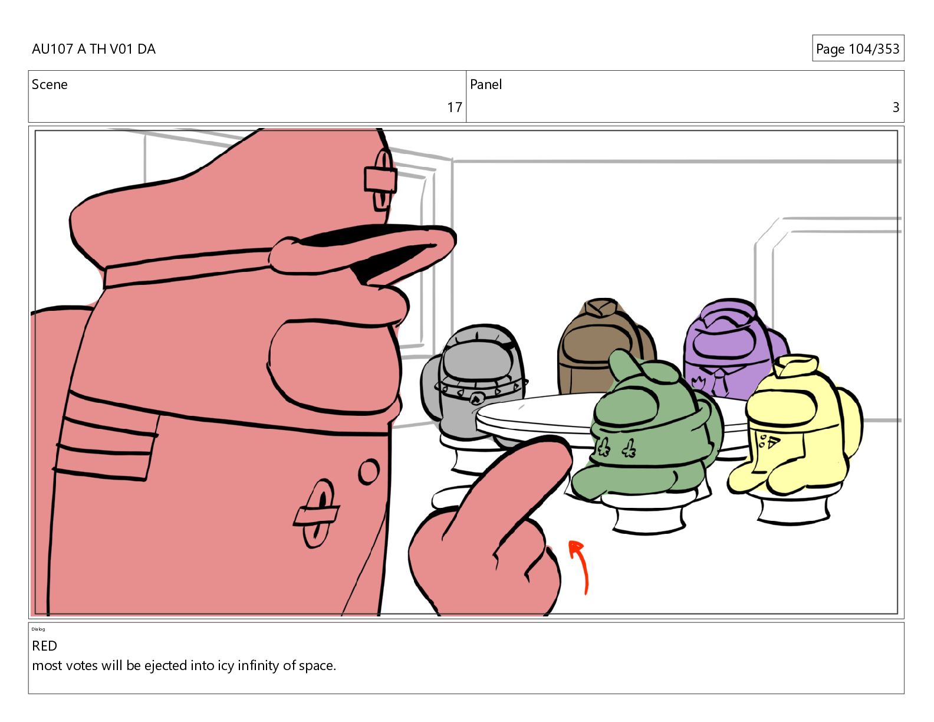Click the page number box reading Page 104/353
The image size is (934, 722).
(x=858, y=48)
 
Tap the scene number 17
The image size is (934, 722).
(x=454, y=107)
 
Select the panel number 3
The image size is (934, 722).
(x=896, y=107)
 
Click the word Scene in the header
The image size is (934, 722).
(x=50, y=84)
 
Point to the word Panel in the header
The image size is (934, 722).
(x=486, y=84)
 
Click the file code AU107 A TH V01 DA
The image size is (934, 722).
(x=94, y=48)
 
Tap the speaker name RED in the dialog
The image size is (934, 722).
(x=44, y=645)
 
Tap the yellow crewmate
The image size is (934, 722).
(x=795, y=426)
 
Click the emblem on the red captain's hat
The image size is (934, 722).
(x=381, y=179)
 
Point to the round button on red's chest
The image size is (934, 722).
(x=369, y=471)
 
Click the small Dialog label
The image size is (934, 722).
(x=38, y=629)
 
